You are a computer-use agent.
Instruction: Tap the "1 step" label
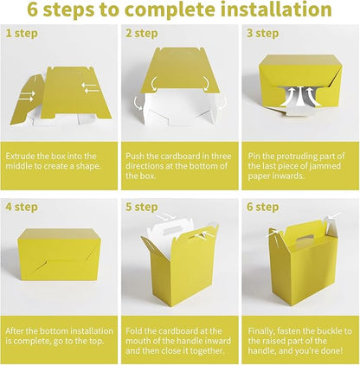click(22, 34)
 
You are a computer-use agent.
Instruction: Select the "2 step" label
click(142, 34)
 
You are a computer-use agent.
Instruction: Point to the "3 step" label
click(263, 34)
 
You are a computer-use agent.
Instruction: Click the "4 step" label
click(22, 208)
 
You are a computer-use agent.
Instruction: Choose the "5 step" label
click(142, 208)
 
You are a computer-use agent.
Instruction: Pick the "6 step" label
click(263, 208)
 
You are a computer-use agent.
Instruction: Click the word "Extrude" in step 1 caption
click(20, 157)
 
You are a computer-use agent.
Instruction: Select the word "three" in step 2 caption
click(222, 157)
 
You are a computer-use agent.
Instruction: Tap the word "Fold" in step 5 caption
click(134, 331)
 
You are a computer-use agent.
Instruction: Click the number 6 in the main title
click(33, 10)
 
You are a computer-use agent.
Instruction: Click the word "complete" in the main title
click(170, 10)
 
